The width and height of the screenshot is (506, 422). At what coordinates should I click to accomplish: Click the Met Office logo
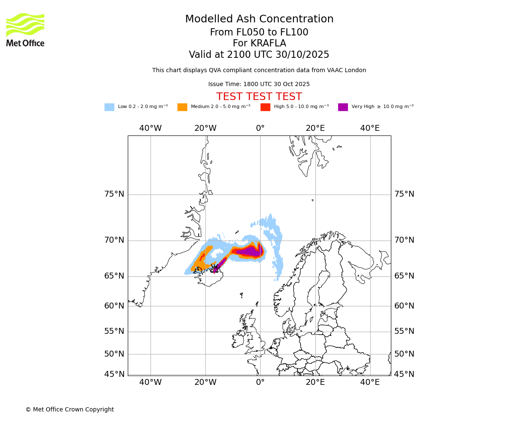[x=25, y=30]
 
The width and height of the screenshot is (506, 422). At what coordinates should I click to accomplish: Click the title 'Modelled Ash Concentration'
[x=259, y=19]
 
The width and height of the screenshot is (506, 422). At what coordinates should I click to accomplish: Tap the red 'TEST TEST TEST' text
[x=259, y=97]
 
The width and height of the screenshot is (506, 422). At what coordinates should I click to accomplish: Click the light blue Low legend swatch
[x=109, y=107]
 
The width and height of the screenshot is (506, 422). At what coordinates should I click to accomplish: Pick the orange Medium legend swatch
[x=182, y=107]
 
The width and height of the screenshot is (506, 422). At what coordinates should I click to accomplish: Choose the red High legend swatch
[x=265, y=107]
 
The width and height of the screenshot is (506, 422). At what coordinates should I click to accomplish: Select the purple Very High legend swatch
[x=343, y=107]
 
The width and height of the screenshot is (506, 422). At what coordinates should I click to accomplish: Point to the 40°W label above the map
[x=151, y=128]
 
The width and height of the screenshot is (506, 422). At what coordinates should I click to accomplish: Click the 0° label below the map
[x=260, y=382]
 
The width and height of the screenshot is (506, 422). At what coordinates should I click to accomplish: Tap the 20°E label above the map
[x=315, y=128]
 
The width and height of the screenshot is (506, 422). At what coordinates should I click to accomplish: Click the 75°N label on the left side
[x=114, y=194]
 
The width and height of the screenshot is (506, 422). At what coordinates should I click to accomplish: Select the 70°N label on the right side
[x=404, y=240]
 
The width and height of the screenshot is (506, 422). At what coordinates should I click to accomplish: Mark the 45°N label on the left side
[x=114, y=374]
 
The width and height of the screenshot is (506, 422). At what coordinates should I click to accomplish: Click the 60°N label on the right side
[x=404, y=306]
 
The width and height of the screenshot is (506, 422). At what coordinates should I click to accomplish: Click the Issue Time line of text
[x=259, y=84]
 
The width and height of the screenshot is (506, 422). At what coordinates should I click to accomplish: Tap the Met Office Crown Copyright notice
[x=70, y=409]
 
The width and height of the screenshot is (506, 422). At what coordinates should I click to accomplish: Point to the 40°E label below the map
[x=370, y=382]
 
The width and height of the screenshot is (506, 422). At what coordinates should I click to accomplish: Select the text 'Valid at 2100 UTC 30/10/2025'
[x=259, y=55]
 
